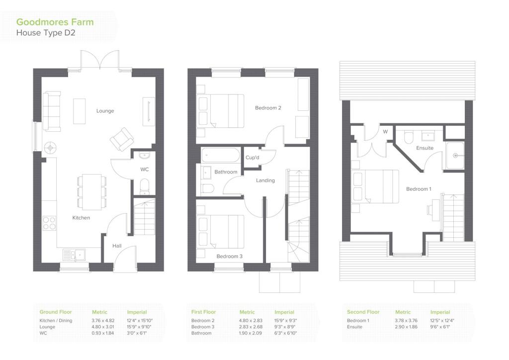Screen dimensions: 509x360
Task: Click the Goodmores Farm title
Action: pyautogui.click(x=55, y=22)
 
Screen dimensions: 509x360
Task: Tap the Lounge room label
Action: pyautogui.click(x=105, y=111)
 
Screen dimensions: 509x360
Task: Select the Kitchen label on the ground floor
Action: pyautogui.click(x=81, y=217)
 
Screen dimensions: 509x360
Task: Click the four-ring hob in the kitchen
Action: pyautogui.click(x=49, y=223)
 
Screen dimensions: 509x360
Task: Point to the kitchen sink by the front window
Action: pyautogui.click(x=74, y=255)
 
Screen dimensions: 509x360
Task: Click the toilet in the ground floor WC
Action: pyautogui.click(x=145, y=186)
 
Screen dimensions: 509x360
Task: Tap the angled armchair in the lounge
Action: pyautogui.click(x=122, y=139)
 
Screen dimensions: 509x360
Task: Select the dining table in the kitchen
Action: pyautogui.click(x=92, y=192)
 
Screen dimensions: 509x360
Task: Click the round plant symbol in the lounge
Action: pyautogui.click(x=50, y=148)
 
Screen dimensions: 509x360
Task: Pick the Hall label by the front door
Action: pyautogui.click(x=117, y=246)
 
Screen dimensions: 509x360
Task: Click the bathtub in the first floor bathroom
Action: pyautogui.click(x=220, y=155)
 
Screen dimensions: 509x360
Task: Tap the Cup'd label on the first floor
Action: pyautogui.click(x=252, y=158)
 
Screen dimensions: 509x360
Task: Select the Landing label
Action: pyautogui.click(x=265, y=180)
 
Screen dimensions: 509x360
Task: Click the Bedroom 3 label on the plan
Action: pyautogui.click(x=230, y=256)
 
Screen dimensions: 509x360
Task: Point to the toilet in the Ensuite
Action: pyautogui.click(x=409, y=137)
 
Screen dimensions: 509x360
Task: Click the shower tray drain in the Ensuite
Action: pyautogui.click(x=455, y=156)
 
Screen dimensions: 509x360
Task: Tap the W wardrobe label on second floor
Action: pyautogui.click(x=385, y=132)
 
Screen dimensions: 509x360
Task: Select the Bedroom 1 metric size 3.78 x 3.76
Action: pyautogui.click(x=406, y=320)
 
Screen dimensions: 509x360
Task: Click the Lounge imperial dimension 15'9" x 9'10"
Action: pyautogui.click(x=139, y=327)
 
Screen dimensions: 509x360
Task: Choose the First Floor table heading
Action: pyautogui.click(x=203, y=312)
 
